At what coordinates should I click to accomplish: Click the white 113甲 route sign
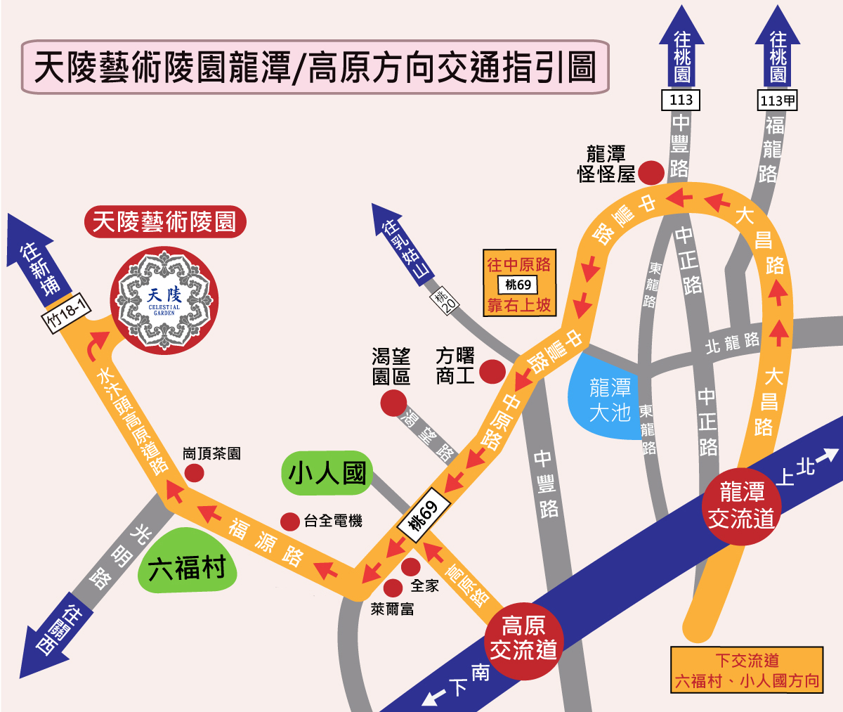tap(778, 101)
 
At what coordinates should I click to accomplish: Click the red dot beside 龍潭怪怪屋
tap(651, 172)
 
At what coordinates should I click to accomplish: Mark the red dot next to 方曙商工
tap(492, 371)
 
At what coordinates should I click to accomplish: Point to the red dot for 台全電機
tap(290, 522)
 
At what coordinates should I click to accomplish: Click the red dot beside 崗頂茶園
tap(194, 473)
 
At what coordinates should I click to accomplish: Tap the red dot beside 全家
tap(410, 567)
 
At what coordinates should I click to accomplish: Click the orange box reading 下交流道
tap(746, 670)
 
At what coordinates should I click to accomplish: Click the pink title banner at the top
tap(315, 67)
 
